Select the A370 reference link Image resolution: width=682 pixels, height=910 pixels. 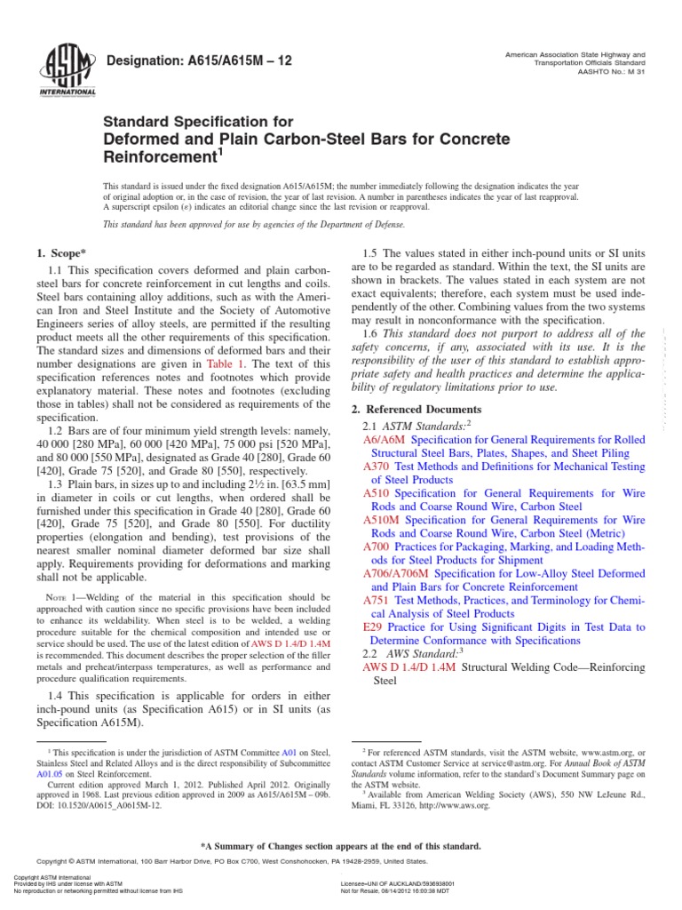click(x=377, y=465)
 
